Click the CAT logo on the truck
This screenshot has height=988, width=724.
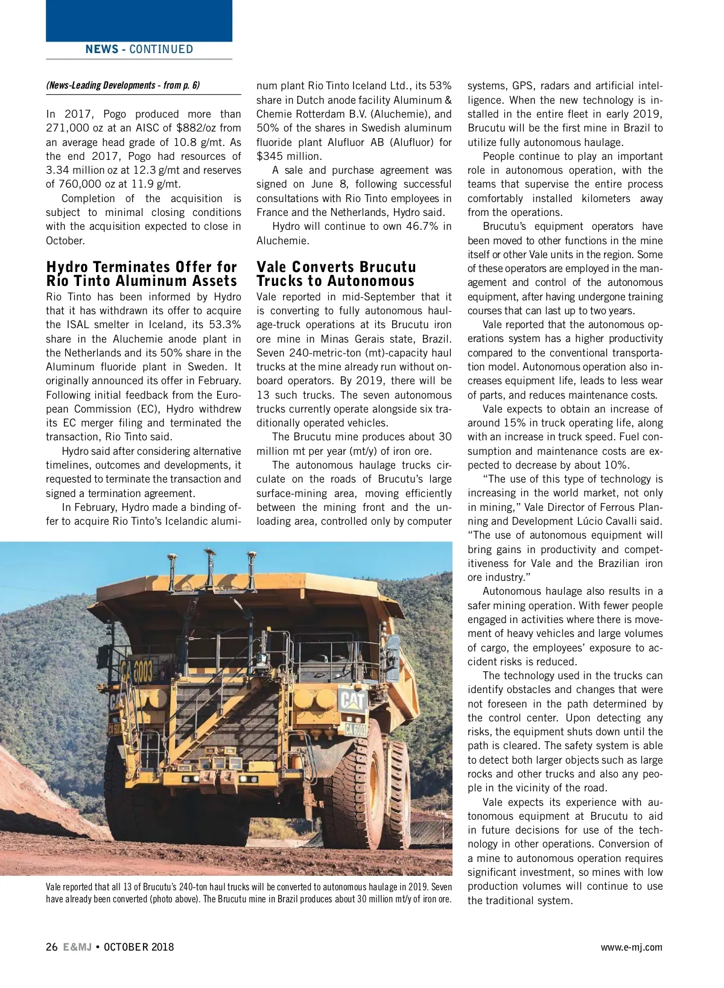pos(352,700)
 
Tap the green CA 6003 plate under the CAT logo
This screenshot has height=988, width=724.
pos(355,729)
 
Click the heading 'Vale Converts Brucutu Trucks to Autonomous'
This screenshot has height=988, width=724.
pos(336,274)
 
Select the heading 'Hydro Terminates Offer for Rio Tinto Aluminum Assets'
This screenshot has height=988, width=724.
pos(142,274)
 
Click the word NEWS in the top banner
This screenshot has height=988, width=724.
pos(101,49)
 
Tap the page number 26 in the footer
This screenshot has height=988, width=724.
pos(52,946)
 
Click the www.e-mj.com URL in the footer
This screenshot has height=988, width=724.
pos(631,947)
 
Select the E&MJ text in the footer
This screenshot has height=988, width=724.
pos(77,946)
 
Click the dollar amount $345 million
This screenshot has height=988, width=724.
pos(288,156)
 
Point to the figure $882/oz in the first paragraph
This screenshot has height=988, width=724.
pos(199,128)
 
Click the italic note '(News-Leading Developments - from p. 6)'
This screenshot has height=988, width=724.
pos(122,85)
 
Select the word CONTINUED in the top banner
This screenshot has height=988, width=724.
pos(161,49)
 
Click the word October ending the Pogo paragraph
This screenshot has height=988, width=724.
pos(65,241)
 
